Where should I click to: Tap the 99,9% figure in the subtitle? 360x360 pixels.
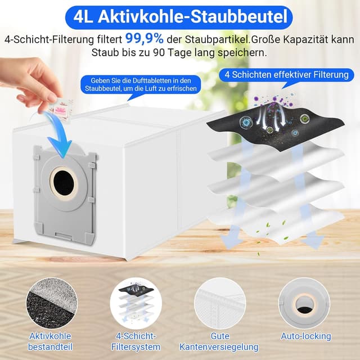click(x=145, y=38)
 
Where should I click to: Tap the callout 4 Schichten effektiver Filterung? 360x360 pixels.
click(x=286, y=74)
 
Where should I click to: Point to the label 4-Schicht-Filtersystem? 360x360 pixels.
click(x=133, y=341)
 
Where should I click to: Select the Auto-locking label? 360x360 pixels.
click(x=305, y=336)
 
